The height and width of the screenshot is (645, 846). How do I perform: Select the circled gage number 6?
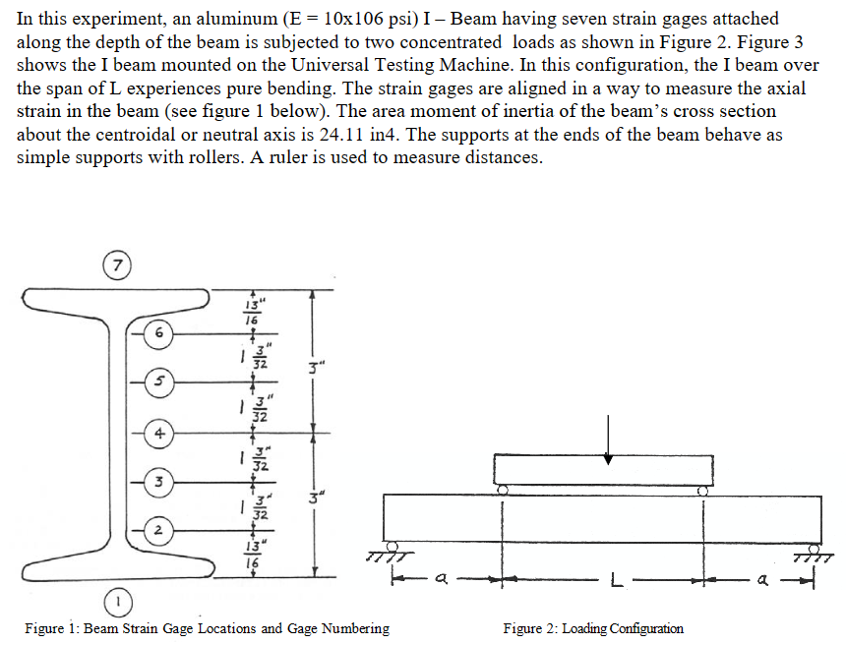pyautogui.click(x=156, y=333)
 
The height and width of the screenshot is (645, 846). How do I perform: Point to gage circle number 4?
pyautogui.click(x=156, y=431)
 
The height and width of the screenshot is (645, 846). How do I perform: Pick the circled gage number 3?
pyautogui.click(x=156, y=482)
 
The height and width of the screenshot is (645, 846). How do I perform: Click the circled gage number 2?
pyautogui.click(x=156, y=532)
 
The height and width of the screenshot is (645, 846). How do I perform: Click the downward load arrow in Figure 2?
pyautogui.click(x=609, y=438)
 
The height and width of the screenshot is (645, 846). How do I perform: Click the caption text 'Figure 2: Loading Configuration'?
pyautogui.click(x=592, y=628)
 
